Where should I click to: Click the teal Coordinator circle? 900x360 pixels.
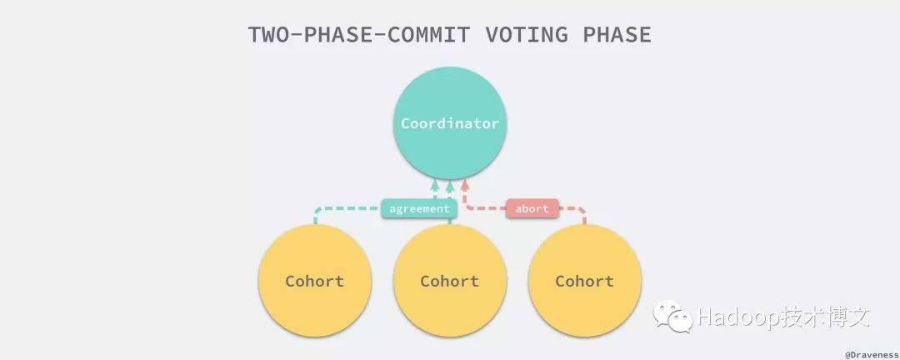(x=450, y=123)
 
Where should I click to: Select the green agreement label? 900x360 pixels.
(x=419, y=208)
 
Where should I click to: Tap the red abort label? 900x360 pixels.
(x=532, y=208)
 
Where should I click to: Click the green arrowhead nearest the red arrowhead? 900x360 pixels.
(x=450, y=185)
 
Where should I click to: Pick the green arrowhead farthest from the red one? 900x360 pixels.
(x=435, y=185)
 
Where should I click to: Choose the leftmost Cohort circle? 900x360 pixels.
(x=315, y=281)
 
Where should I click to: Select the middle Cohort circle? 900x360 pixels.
(x=450, y=281)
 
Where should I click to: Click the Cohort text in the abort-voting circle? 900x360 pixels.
(x=584, y=282)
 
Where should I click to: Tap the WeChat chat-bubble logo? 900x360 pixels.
(x=672, y=316)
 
